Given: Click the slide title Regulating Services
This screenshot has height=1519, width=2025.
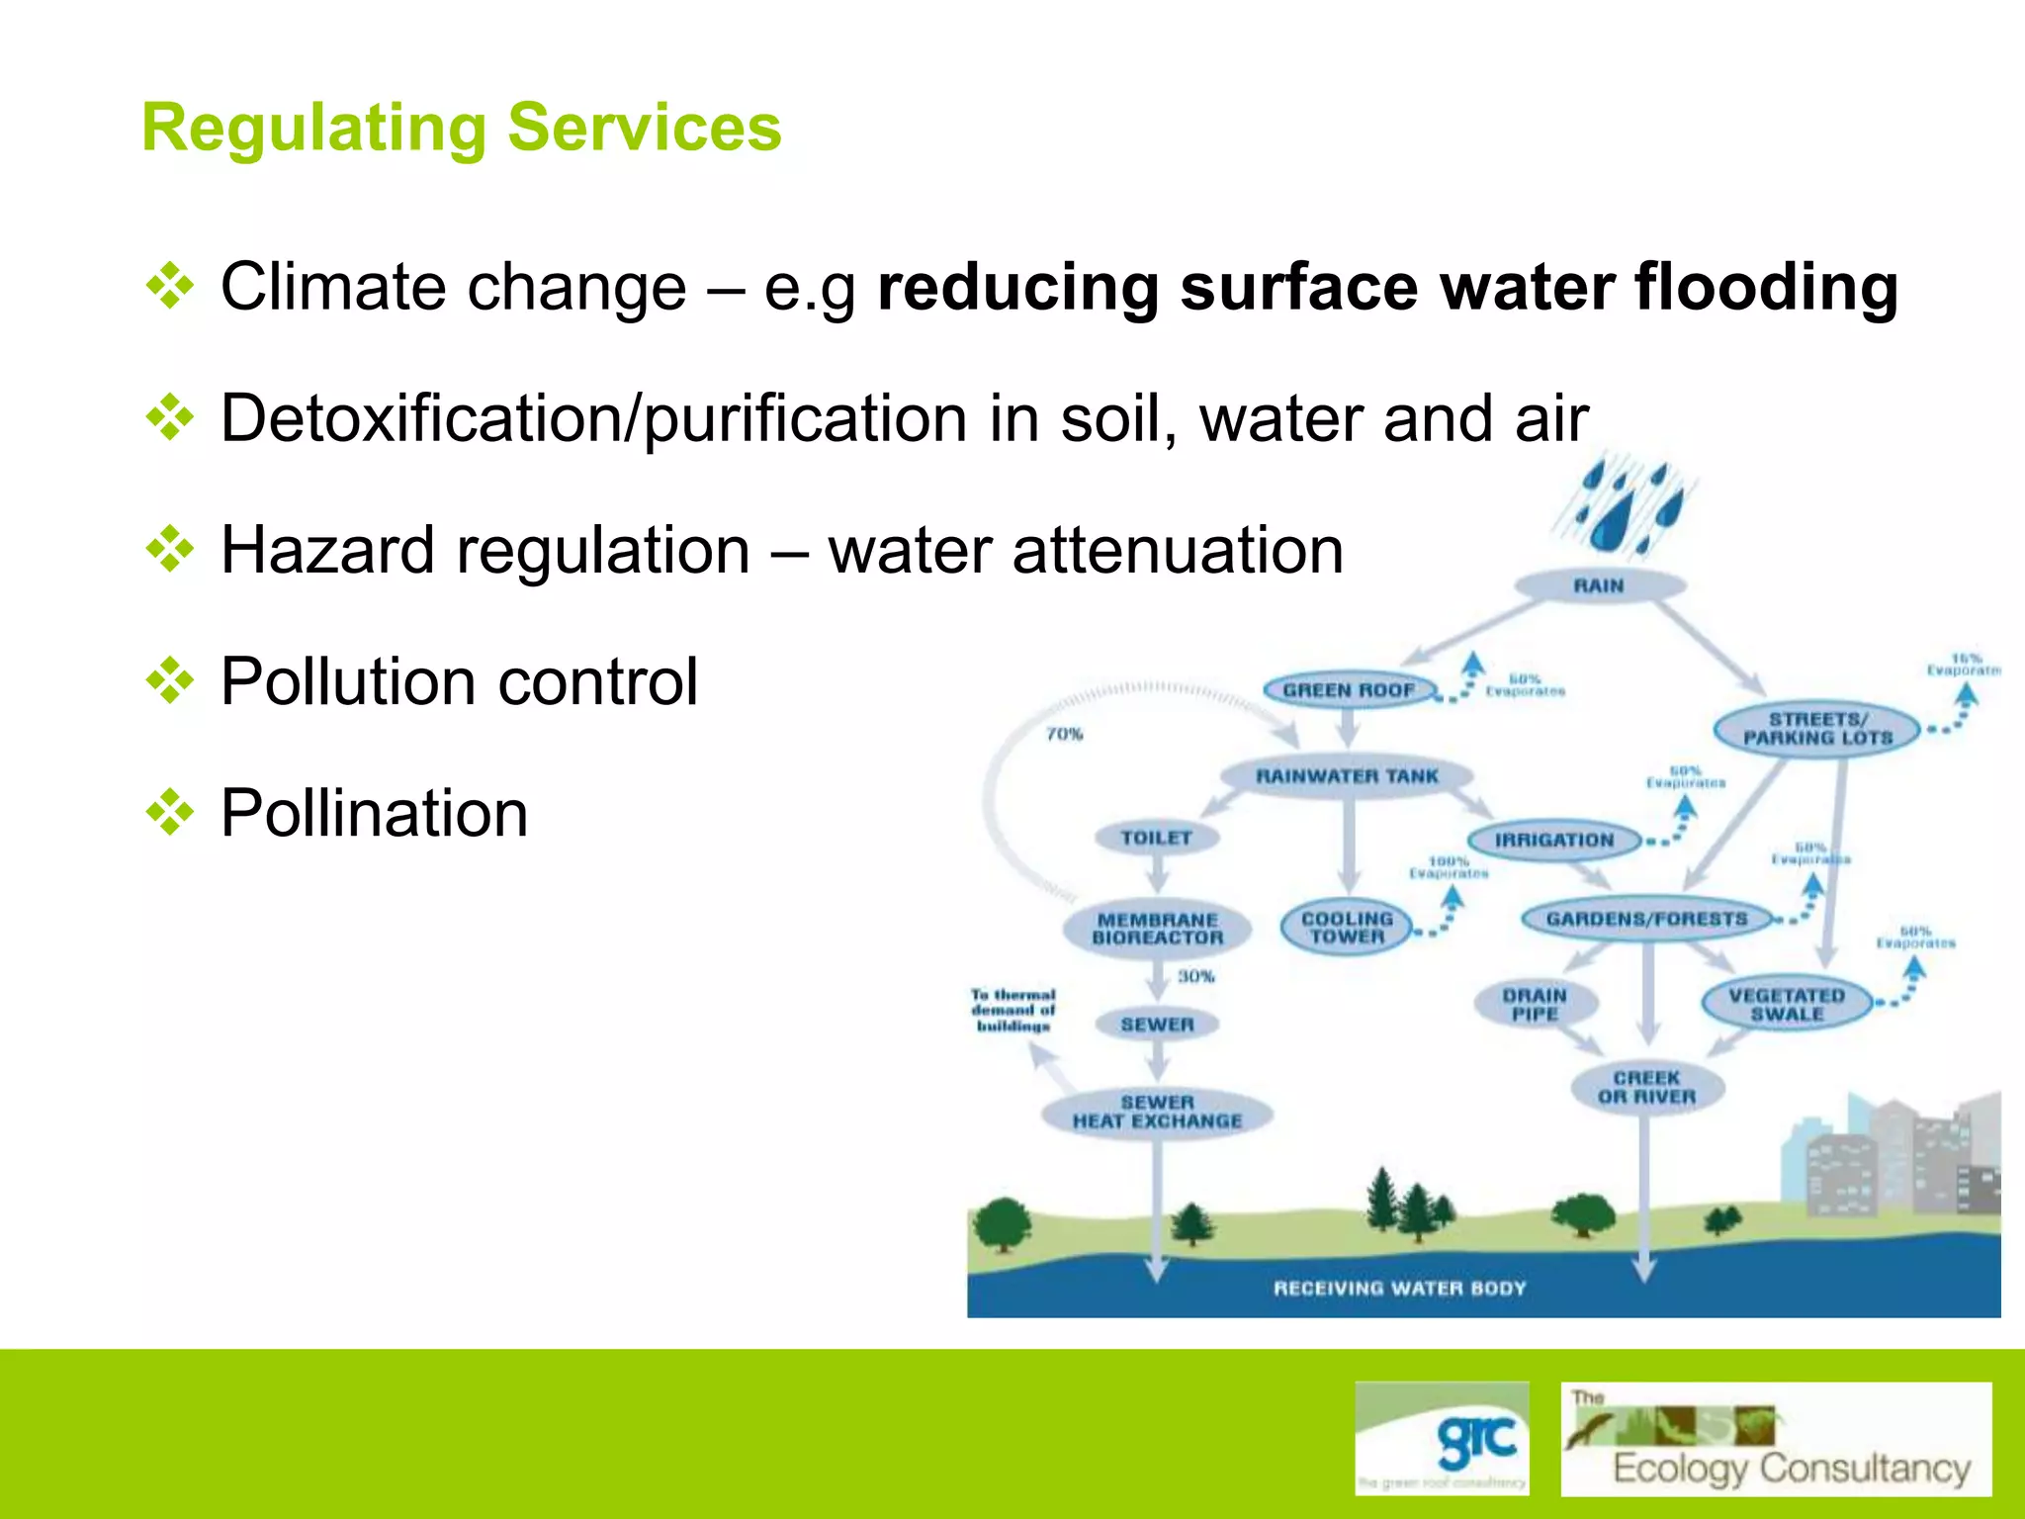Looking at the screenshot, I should click(461, 129).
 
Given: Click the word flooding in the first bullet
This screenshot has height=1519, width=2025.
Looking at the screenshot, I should click(1765, 288).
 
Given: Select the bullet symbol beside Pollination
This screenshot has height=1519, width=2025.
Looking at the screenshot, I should click(170, 813).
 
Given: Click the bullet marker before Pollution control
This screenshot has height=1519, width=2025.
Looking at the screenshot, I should click(170, 681).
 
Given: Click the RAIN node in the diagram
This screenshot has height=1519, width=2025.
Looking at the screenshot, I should click(1599, 585).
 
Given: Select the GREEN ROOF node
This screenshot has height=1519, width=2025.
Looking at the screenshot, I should click(1349, 690).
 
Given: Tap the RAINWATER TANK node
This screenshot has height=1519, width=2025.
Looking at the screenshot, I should click(1347, 776).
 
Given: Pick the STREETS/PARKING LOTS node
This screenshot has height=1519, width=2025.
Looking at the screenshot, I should click(1817, 729).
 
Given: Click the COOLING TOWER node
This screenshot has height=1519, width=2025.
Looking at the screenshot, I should click(1347, 928).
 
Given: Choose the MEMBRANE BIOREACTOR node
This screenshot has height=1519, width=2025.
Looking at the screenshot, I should click(1157, 929).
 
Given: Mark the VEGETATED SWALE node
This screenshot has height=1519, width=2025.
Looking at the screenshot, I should click(1787, 1005).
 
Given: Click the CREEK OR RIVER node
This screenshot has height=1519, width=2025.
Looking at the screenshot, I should click(1646, 1088).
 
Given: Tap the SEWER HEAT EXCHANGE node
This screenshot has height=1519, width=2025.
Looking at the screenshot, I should click(1157, 1112).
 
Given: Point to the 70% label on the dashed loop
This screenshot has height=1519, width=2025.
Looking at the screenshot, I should click(1065, 734).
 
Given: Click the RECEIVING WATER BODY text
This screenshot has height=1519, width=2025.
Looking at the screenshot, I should click(1399, 1289).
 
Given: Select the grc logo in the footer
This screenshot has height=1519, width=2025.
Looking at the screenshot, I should click(1442, 1439).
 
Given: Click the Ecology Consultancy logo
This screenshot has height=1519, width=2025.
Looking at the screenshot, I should click(1776, 1439).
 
